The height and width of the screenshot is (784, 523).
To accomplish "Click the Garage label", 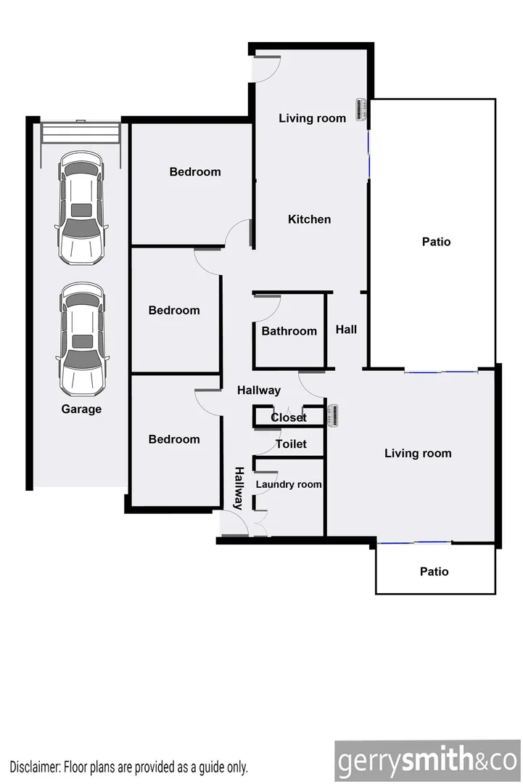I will pos(81,409).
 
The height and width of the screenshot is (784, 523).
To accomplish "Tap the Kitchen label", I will pos(309,219).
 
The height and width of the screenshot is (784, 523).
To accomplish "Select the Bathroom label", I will pos(289,331).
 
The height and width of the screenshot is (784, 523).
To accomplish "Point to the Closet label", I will pos(288,417).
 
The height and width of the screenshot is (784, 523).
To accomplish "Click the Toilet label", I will pos(291,444).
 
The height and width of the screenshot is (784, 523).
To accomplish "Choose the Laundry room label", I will pos(288,484).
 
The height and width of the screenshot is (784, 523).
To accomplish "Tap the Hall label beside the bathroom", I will pos(346,330).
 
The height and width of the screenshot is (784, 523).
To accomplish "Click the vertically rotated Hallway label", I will pos(239,488).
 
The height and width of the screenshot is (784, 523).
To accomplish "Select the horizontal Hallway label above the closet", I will pos(259,391).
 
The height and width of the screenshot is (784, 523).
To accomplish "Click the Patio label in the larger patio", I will pos(436,242).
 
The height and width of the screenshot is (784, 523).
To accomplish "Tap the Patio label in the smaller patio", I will pos(434,571).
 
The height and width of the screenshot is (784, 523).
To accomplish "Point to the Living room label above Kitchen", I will pos(312,118).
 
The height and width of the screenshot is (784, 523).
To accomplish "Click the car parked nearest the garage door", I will pos(81,208).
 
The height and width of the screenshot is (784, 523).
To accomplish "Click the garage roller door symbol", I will pos(81,132).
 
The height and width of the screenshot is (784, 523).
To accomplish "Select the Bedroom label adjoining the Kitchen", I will pos(194,172).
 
